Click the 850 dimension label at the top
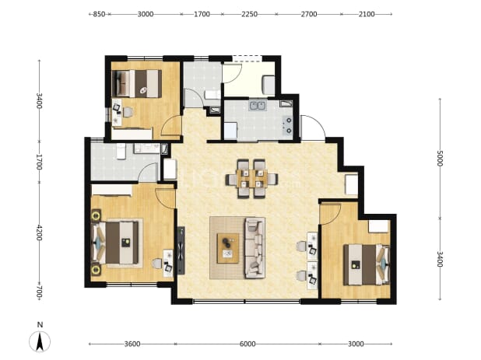99,14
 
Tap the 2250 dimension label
249,14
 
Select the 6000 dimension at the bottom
248,344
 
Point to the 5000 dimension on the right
440,158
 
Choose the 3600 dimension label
132,344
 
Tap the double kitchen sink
258,106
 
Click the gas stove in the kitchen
288,126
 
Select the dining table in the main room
252,179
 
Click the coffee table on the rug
228,248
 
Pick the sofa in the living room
255,247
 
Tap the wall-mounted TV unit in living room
181,250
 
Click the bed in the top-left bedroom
137,84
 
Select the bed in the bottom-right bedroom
367,264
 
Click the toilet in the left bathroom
121,152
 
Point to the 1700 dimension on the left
39,162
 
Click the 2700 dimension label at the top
308,14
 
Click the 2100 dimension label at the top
367,14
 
